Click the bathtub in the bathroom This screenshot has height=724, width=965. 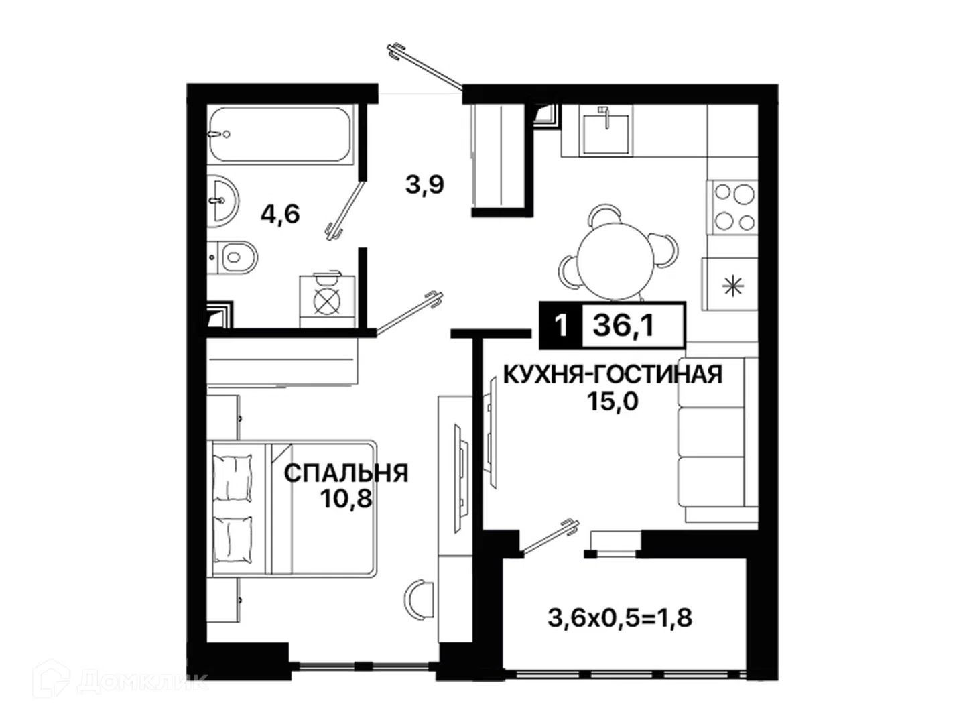(x=280, y=135)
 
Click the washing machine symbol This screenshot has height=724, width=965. (x=327, y=301)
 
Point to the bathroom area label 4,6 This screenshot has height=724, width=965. (x=280, y=214)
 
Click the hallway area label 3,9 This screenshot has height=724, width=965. (x=425, y=184)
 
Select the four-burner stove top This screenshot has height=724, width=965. (x=732, y=207)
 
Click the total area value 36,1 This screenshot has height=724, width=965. (x=623, y=326)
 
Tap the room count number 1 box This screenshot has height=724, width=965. (x=560, y=326)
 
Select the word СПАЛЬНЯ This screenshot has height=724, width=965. (x=346, y=473)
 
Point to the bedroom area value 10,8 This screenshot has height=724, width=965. (x=346, y=499)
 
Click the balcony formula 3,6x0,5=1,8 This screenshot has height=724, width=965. (x=620, y=617)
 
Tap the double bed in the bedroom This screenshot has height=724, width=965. (x=292, y=508)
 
